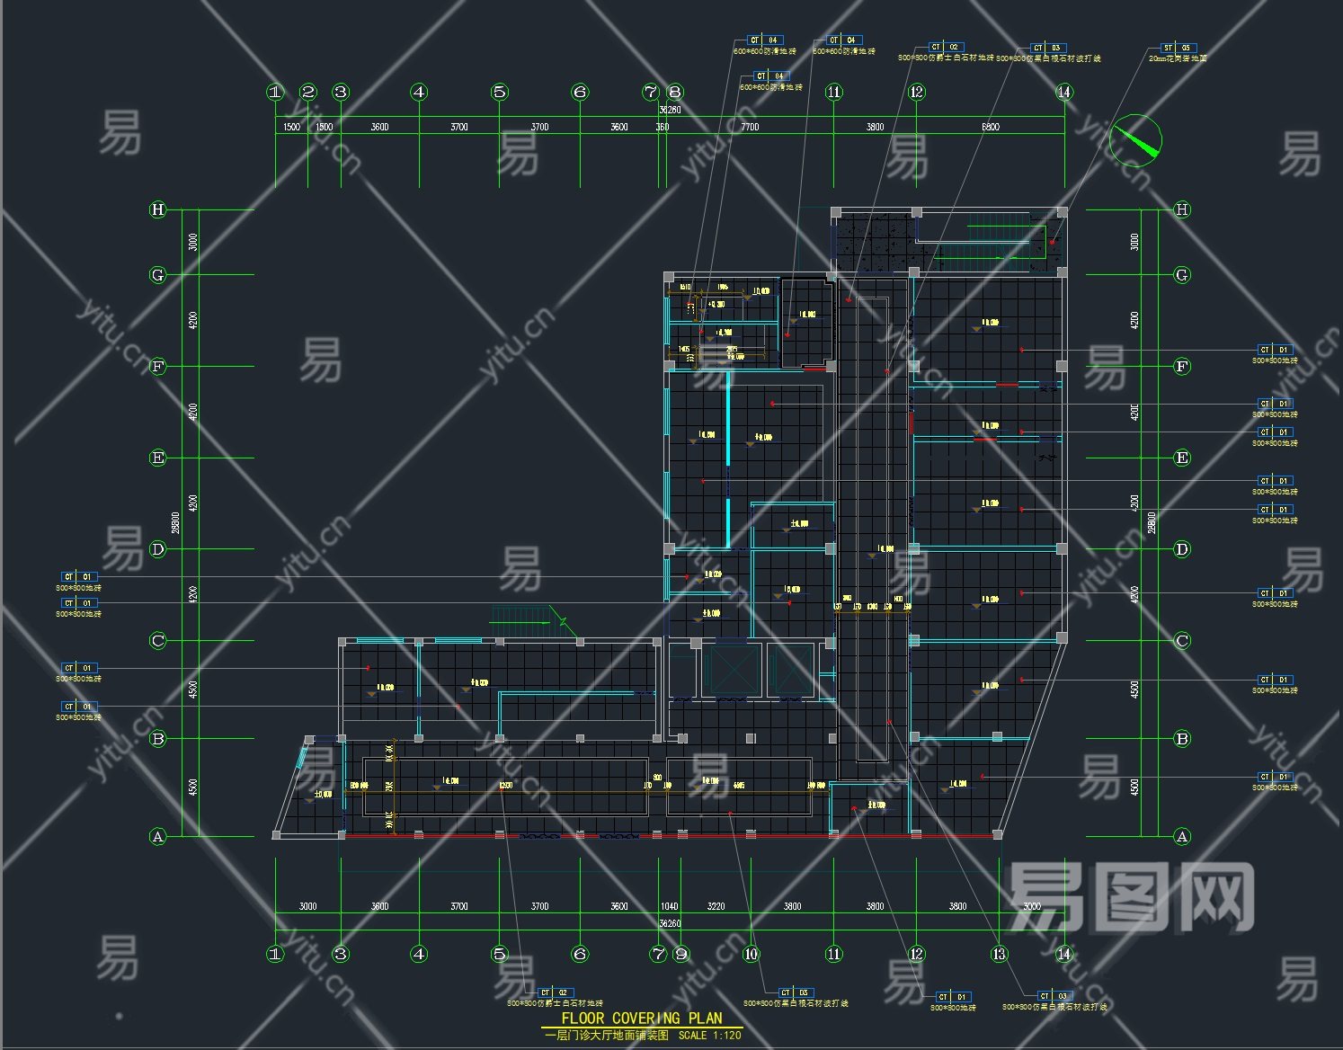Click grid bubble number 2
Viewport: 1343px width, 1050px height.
pos(308,92)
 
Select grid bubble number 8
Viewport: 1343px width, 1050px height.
pos(675,92)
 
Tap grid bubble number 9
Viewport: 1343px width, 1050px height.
pos(680,954)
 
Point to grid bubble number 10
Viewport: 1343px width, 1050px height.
pos(752,954)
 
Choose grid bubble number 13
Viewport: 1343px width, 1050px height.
pos(999,954)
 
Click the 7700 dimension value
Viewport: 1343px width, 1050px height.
pos(750,127)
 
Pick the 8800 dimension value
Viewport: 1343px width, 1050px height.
pos(990,127)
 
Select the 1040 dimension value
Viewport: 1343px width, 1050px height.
pos(669,906)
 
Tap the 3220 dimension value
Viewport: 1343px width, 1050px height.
pos(716,906)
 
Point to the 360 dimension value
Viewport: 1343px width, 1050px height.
pos(663,127)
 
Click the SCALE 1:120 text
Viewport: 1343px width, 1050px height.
pos(710,1036)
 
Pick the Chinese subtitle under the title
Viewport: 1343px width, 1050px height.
pos(607,1036)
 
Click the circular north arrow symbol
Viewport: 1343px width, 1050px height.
pos(1135,140)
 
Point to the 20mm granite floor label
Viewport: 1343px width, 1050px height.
pos(1178,58)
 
